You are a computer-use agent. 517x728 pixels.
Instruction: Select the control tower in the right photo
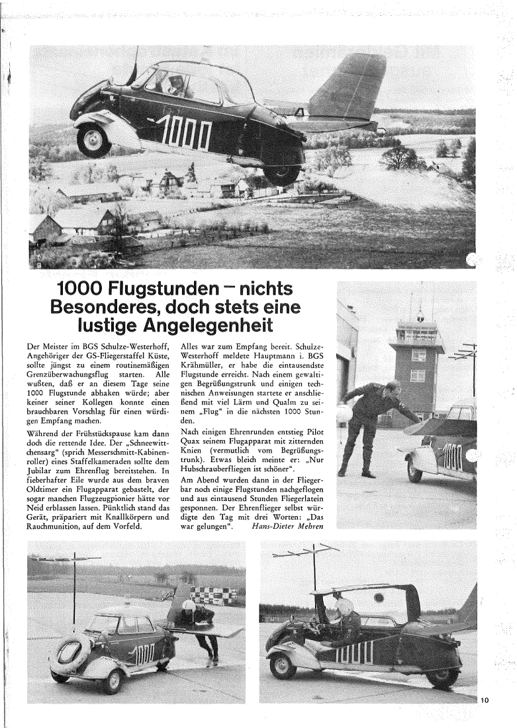pos(417,367)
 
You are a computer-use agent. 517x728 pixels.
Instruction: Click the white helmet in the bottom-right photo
pos(344,606)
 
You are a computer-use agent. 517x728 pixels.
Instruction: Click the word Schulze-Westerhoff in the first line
pos(129,347)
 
